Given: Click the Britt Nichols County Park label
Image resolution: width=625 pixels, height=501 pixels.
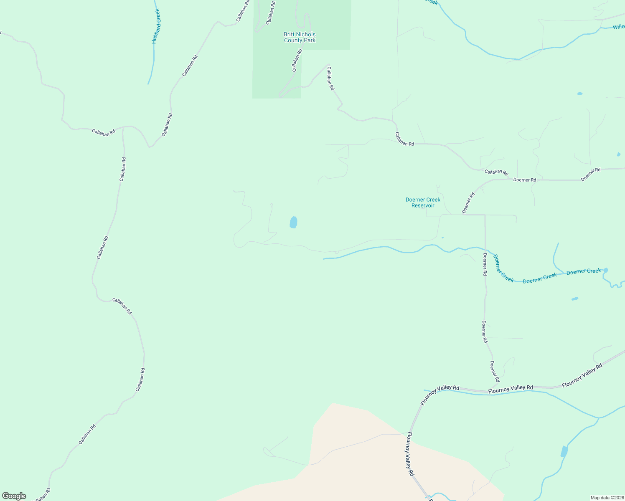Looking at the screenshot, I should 300,37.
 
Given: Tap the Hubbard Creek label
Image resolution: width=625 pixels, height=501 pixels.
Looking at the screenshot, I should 156,26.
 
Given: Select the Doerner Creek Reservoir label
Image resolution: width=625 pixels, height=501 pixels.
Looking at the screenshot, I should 423,202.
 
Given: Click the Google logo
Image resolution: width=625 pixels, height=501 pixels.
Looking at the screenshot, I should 14,496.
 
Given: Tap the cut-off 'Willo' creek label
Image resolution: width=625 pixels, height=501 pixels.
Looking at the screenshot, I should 618,27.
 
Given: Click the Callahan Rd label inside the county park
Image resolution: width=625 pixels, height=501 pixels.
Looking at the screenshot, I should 297,61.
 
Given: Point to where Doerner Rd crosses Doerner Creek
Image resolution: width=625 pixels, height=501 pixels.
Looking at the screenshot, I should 485,250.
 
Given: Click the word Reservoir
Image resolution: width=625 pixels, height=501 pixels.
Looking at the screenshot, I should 423,205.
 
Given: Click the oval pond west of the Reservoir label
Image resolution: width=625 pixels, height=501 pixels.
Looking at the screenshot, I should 293,222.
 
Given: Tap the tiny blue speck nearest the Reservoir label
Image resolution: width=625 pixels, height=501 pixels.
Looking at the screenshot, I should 442,238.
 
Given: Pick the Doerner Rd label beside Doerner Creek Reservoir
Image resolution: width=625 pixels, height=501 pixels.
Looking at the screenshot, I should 469,203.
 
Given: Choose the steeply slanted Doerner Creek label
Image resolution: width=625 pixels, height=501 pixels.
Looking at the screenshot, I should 503,268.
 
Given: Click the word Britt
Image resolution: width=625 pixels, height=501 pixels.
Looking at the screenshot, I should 289,34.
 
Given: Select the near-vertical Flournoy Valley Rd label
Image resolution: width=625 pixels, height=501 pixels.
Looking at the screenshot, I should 410,454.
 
